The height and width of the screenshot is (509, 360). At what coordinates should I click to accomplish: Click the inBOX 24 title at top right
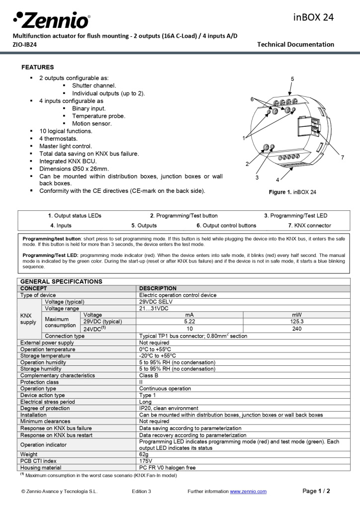[x=313, y=17]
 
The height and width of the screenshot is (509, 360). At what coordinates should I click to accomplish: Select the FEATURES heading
[x=37, y=67]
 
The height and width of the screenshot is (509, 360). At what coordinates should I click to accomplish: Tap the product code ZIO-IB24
[x=24, y=44]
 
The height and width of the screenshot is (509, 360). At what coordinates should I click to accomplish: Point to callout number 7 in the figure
[x=343, y=158]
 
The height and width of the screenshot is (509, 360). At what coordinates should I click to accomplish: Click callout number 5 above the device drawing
[x=292, y=79]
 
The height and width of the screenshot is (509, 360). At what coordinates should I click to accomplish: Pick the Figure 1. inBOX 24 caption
[x=292, y=192]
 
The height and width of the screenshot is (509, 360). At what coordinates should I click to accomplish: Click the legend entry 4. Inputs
[x=61, y=225]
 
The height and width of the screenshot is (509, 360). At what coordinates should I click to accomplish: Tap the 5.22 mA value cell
[x=189, y=322]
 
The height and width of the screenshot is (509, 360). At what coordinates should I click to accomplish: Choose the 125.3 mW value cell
[x=296, y=322]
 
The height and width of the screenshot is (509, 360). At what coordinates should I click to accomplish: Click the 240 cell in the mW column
[x=296, y=329]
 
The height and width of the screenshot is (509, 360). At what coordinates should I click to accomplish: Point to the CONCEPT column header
[x=33, y=288]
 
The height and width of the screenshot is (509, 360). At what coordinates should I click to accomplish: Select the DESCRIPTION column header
[x=158, y=288]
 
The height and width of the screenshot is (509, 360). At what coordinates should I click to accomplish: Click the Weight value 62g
[x=144, y=454]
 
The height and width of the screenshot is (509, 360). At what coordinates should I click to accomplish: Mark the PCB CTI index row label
[x=38, y=461]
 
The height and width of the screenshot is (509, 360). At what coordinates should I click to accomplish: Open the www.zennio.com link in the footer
[x=248, y=492]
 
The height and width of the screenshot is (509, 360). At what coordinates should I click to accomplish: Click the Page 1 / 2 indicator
[x=316, y=491]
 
